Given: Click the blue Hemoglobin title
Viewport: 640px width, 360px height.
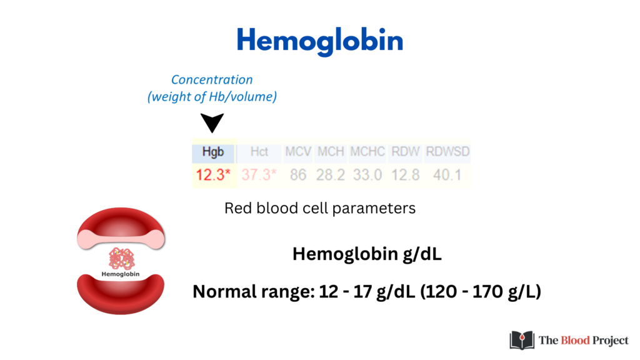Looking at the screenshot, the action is tap(320, 41).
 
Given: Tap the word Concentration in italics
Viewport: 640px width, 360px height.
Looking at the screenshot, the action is tap(212, 79).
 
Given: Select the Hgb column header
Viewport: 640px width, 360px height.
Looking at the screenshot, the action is tap(213, 152).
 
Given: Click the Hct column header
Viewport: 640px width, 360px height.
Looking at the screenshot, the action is tap(259, 152).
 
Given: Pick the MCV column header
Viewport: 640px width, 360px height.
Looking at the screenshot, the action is tap(298, 152).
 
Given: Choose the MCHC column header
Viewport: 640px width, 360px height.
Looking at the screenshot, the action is tap(367, 152).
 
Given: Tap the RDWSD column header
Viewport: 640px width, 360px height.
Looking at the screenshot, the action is tap(447, 152).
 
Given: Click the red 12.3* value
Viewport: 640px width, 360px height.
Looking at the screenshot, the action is tap(213, 175).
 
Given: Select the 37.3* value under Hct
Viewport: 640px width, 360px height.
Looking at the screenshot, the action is tap(259, 175).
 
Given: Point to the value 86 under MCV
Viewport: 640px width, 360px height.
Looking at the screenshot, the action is tap(298, 175).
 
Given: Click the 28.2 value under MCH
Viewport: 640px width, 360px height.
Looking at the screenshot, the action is tap(331, 175).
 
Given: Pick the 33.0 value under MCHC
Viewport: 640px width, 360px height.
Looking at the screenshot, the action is tap(367, 175).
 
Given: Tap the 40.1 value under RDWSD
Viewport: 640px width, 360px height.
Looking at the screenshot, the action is tap(447, 175).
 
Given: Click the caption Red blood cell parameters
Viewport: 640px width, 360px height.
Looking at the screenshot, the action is tap(320, 208).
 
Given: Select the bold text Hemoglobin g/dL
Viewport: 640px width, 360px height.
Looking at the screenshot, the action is tap(367, 254).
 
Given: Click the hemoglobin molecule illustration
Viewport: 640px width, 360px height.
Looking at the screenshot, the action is tap(121, 259).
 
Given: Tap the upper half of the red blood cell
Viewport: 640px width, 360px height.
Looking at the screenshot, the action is tap(121, 229).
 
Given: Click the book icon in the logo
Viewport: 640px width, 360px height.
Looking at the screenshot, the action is tap(522, 340).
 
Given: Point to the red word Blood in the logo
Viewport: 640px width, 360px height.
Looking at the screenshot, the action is tap(576, 340).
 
